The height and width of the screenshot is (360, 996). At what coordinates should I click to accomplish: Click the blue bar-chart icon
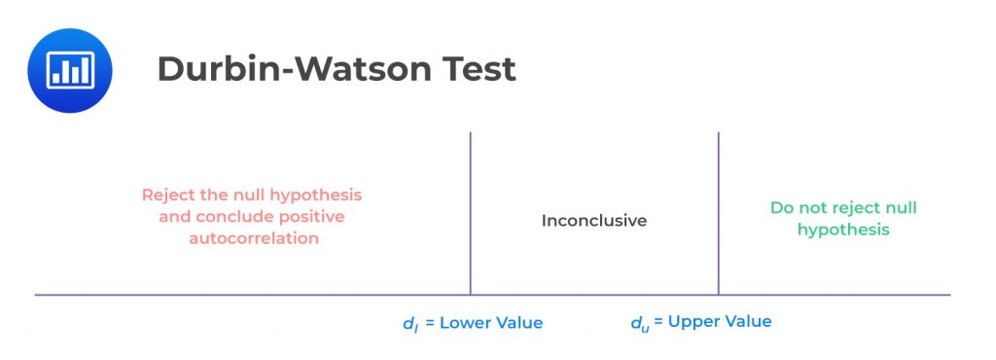[70, 71]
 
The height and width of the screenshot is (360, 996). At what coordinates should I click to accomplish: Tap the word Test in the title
[474, 70]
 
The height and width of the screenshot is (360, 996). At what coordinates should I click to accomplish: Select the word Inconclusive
[593, 221]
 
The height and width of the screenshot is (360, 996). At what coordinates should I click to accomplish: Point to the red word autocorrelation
[254, 237]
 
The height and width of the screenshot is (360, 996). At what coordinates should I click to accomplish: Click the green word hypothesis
[843, 230]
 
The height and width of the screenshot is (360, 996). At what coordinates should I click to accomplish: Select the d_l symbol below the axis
[409, 324]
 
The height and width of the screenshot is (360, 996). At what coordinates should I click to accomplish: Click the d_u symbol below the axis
[638, 324]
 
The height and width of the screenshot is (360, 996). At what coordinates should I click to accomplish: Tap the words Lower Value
[491, 323]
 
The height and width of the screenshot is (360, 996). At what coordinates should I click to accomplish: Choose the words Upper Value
[719, 322]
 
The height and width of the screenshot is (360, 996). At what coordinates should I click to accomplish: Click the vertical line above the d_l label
[471, 214]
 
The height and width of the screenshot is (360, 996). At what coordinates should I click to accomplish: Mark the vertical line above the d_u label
[718, 214]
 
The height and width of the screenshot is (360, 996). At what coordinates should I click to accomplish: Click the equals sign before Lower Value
[428, 323]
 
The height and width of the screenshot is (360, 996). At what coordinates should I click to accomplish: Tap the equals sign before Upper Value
[658, 322]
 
